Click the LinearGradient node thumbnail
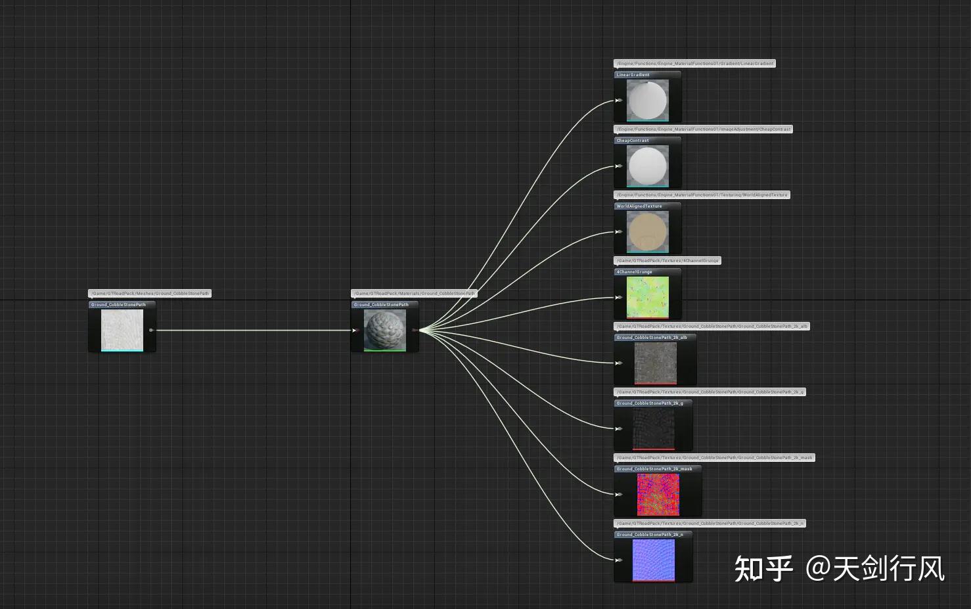(647, 101)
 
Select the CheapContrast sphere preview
(647, 166)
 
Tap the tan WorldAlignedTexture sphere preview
(647, 232)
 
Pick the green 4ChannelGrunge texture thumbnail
(647, 297)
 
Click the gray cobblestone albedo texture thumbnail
(655, 363)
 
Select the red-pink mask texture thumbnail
(658, 494)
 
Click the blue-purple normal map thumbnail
(653, 560)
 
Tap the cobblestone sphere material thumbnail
(384, 330)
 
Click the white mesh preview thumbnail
(122, 330)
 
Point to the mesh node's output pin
(151, 330)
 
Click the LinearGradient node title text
(633, 75)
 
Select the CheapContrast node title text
(633, 141)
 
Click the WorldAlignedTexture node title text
(639, 206)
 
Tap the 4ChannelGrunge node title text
(634, 272)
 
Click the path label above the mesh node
(150, 294)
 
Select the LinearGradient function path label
(694, 64)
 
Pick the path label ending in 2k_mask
(714, 458)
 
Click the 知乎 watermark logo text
(763, 569)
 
